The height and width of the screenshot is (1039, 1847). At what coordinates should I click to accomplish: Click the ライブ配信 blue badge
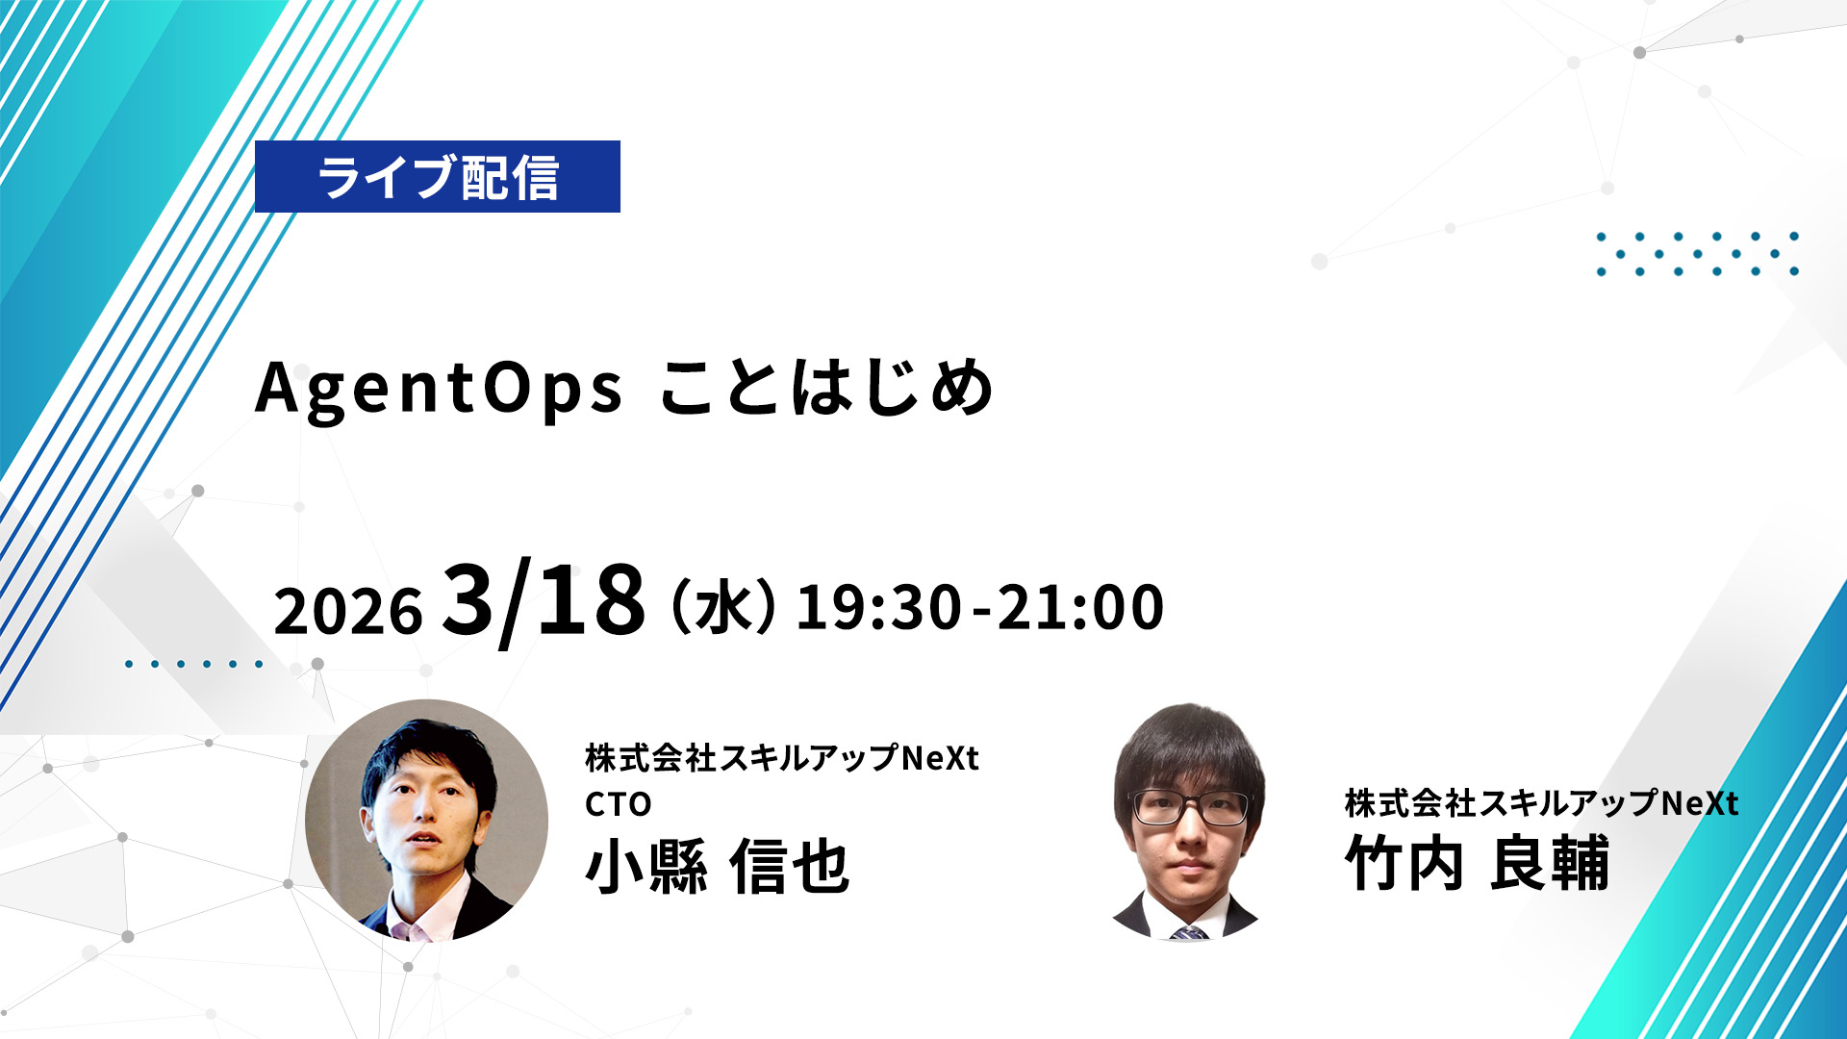pyautogui.click(x=438, y=177)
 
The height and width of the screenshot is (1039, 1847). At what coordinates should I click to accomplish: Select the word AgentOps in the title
pyautogui.click(x=439, y=390)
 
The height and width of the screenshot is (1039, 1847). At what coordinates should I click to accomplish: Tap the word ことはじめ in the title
pyautogui.click(x=826, y=387)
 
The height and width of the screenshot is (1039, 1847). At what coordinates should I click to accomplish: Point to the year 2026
pyautogui.click(x=348, y=611)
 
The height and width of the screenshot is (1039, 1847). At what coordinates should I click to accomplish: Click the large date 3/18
pyautogui.click(x=544, y=601)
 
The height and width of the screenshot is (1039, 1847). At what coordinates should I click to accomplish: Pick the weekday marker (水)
pyautogui.click(x=723, y=607)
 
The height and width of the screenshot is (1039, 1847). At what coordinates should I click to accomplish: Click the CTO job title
pyautogui.click(x=619, y=804)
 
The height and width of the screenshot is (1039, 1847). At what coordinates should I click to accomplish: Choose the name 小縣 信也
pyautogui.click(x=718, y=867)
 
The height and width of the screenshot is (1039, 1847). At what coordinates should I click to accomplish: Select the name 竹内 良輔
pyautogui.click(x=1477, y=863)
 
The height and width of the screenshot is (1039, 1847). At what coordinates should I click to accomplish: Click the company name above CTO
pyautogui.click(x=782, y=758)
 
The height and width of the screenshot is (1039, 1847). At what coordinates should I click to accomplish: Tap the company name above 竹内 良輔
pyautogui.click(x=1541, y=803)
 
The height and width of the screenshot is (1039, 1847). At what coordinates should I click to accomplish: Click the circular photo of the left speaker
pyautogui.click(x=426, y=821)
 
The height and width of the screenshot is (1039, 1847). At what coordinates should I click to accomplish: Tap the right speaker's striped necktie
pyautogui.click(x=1189, y=932)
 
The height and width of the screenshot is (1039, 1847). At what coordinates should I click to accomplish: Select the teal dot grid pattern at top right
pyautogui.click(x=1697, y=254)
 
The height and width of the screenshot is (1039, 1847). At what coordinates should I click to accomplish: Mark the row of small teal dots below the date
pyautogui.click(x=193, y=664)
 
